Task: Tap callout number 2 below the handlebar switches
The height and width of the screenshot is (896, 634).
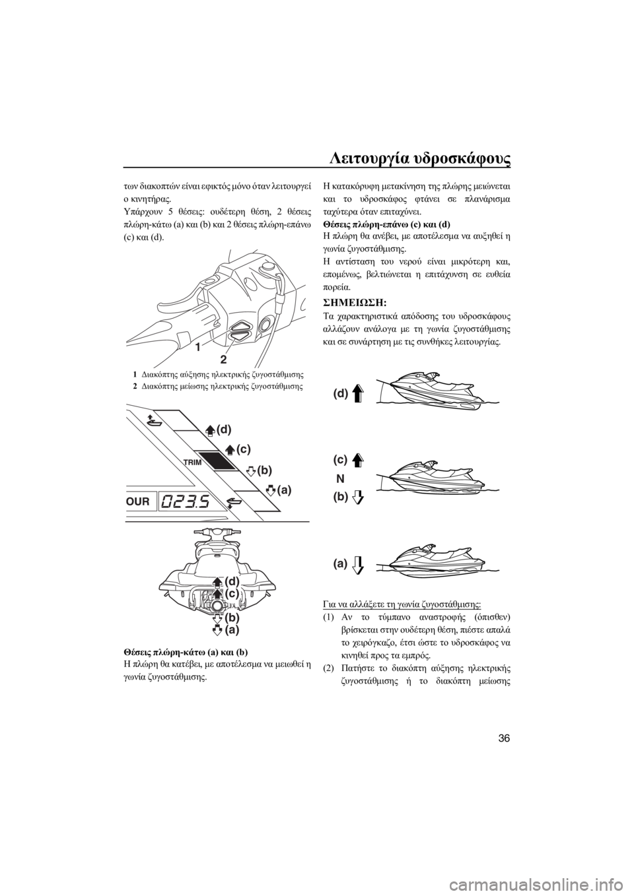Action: [x=223, y=358]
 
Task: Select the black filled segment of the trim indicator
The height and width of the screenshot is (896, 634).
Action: [x=217, y=461]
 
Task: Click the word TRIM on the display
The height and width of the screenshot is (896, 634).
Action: [x=194, y=462]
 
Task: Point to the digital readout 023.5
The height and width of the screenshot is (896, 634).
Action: [x=187, y=500]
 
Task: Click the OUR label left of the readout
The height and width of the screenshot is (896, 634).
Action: [x=137, y=501]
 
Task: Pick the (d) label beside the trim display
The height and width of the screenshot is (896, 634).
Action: [x=224, y=430]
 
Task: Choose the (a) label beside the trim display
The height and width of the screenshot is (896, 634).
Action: [x=284, y=489]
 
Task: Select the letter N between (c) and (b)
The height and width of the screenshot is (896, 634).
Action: [x=341, y=478]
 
